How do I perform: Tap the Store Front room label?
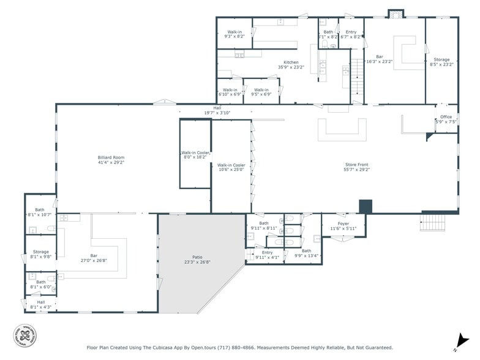(x=357, y=165)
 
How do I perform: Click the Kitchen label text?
(x=291, y=64)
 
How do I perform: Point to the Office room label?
(x=446, y=119)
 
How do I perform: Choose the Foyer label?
(x=343, y=226)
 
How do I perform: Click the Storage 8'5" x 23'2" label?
(x=441, y=62)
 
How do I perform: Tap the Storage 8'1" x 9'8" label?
(x=41, y=254)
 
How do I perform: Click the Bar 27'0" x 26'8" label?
(x=94, y=258)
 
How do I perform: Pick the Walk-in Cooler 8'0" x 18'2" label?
(x=195, y=155)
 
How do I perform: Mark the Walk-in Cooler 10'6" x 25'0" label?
(x=231, y=167)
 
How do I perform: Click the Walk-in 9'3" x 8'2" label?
(x=234, y=34)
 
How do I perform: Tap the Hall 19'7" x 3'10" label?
(x=217, y=111)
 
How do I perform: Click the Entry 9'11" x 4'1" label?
(x=267, y=255)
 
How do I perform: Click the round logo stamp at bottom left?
(x=24, y=334)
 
